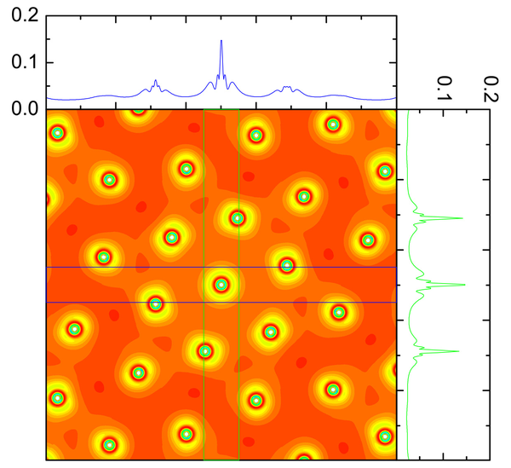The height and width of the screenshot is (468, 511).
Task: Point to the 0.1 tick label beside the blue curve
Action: pyautogui.click(x=22, y=62)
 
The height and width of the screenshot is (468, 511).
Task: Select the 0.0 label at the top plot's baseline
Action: pyautogui.click(x=22, y=108)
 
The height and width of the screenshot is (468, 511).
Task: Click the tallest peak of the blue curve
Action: pyautogui.click(x=221, y=41)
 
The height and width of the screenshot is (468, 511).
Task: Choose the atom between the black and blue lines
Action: pyautogui.click(x=221, y=285)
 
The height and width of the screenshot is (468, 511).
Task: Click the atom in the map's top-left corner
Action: pyautogui.click(x=57, y=132)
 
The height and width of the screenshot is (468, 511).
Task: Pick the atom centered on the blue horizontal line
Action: pyautogui.click(x=155, y=303)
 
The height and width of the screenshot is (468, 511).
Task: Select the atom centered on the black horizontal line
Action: pyautogui.click(x=287, y=266)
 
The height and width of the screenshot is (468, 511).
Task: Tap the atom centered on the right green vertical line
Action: pyautogui.click(x=238, y=218)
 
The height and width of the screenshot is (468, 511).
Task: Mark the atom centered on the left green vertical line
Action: pyautogui.click(x=204, y=350)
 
